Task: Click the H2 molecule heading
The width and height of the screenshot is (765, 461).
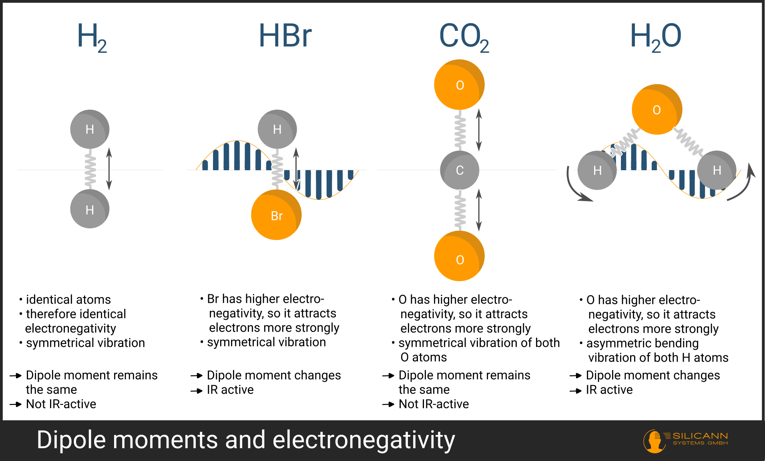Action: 92,37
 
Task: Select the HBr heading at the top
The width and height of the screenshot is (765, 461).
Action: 285,36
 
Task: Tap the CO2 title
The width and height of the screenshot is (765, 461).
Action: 464,37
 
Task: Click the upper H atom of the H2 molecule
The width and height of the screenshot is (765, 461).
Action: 90,129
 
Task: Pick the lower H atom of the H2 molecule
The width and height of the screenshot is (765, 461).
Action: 90,209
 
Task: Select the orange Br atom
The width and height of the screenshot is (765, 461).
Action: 276,215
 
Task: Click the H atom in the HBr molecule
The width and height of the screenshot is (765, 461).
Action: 277,129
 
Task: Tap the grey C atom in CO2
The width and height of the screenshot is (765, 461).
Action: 460,170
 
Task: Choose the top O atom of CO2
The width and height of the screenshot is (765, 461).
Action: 460,85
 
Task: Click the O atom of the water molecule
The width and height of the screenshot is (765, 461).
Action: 657,109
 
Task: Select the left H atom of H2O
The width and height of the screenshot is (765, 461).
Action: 597,170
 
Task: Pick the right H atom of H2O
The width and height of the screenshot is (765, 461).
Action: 717,170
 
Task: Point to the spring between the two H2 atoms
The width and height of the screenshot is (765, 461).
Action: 90,169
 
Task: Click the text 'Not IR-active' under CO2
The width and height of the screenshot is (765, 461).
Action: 434,404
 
